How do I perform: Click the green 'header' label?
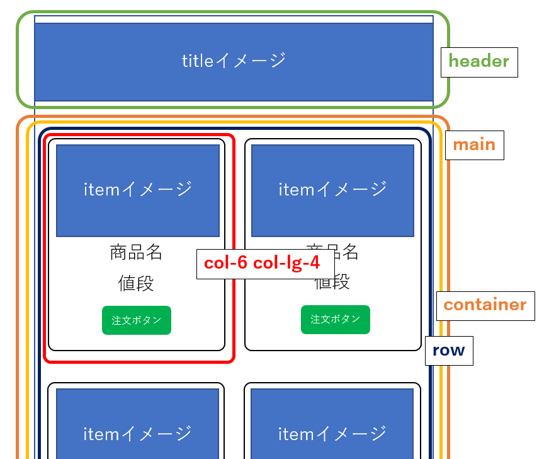(x=478, y=62)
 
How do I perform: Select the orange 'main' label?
(x=473, y=144)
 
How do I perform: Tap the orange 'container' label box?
(x=485, y=305)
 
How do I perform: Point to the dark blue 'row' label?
(x=448, y=351)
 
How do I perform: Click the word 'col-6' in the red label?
(x=226, y=263)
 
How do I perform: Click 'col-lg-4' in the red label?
(x=286, y=263)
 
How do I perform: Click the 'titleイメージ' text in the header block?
(x=234, y=61)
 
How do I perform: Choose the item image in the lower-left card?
(x=137, y=429)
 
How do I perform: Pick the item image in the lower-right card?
(x=332, y=429)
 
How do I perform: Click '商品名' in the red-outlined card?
(x=136, y=252)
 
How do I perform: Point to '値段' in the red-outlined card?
(x=136, y=284)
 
